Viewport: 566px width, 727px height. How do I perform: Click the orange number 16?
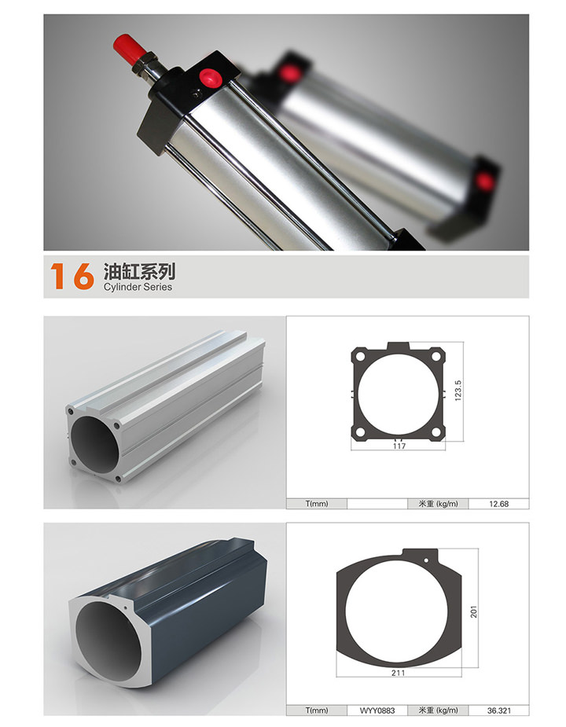pyautogui.click(x=72, y=276)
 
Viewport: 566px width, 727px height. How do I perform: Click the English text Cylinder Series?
pyautogui.click(x=138, y=287)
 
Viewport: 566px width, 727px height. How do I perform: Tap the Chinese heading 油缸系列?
pyautogui.click(x=139, y=271)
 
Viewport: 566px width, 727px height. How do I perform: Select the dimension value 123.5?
pyautogui.click(x=458, y=391)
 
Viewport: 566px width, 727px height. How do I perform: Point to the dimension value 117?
pyautogui.click(x=399, y=446)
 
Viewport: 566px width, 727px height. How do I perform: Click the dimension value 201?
pyautogui.click(x=474, y=611)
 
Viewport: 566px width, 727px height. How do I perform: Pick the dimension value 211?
pyautogui.click(x=398, y=673)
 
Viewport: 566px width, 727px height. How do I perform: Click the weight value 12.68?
pyautogui.click(x=498, y=504)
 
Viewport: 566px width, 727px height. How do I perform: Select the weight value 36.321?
pyautogui.click(x=498, y=710)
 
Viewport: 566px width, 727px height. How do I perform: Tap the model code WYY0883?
pyautogui.click(x=377, y=710)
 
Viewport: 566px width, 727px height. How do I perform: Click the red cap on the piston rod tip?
pyautogui.click(x=128, y=47)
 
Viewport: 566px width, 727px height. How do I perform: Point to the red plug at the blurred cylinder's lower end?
pyautogui.click(x=485, y=182)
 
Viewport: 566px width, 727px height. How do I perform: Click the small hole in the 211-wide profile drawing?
pyautogui.click(x=426, y=560)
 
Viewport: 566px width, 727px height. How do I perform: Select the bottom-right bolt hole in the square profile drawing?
pyautogui.click(x=436, y=432)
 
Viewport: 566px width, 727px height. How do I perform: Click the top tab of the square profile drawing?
pyautogui.click(x=399, y=347)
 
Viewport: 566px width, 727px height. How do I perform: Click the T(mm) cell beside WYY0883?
pyautogui.click(x=317, y=710)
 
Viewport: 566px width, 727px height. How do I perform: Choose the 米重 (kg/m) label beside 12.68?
pyautogui.click(x=438, y=504)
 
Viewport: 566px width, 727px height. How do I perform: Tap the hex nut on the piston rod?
pyautogui.click(x=145, y=64)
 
